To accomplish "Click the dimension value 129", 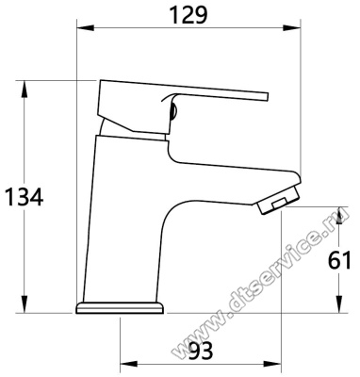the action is click(x=188, y=15).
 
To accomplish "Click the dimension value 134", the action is click(x=25, y=197).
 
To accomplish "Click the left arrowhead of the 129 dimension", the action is click(x=86, y=28).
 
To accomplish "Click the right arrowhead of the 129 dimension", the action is click(x=292, y=28).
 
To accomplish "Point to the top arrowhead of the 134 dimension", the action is click(x=25, y=90).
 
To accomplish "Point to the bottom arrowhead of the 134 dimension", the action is click(x=25, y=304).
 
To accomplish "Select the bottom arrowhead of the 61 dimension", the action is click(x=339, y=304).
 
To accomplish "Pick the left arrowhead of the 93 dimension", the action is click(x=129, y=365).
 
